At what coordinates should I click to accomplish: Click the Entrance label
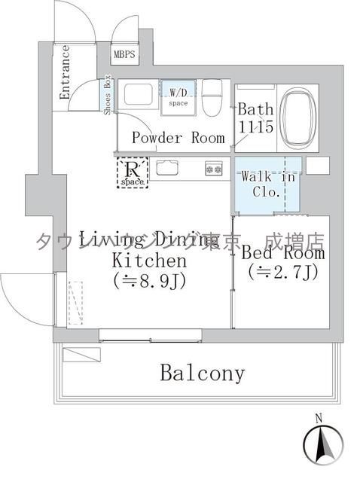tap(65, 72)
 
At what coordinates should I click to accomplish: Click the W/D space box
tap(178, 96)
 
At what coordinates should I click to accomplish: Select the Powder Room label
tap(178, 138)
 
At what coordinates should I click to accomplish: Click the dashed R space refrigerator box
tap(132, 171)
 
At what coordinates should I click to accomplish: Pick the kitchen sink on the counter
tap(166, 167)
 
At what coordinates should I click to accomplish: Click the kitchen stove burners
tap(213, 169)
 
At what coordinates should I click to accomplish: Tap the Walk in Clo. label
tap(268, 184)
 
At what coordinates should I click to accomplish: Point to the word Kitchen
tap(148, 261)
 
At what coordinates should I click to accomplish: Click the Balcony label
tap(202, 373)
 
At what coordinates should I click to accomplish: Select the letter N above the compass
tap(319, 418)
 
